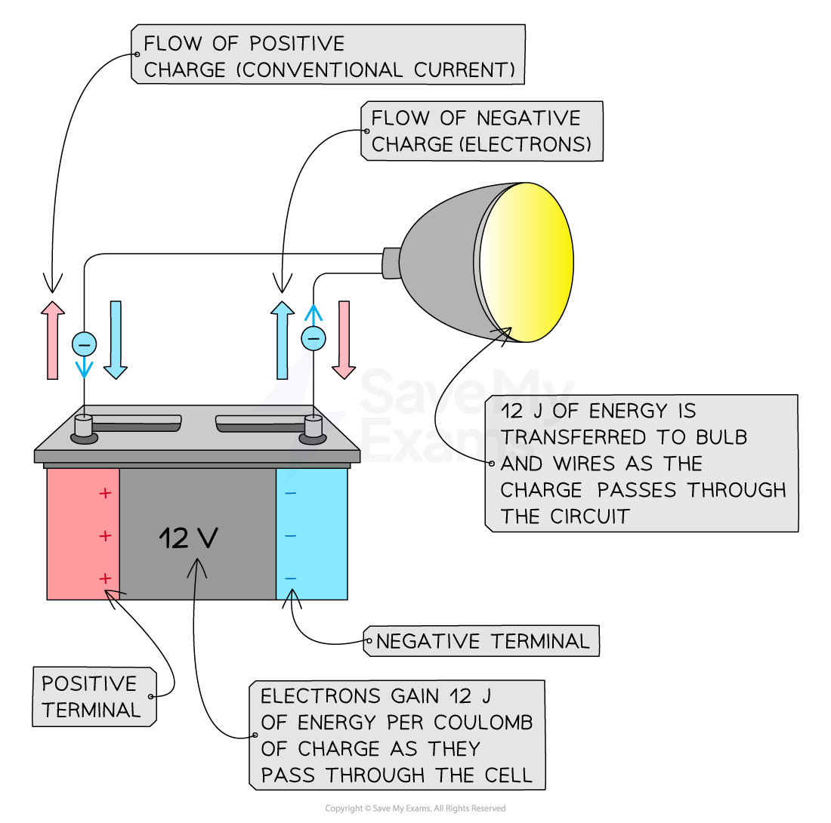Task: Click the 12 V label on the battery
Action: [x=188, y=538]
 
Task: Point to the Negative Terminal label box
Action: [x=482, y=641]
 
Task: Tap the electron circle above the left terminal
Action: [x=84, y=344]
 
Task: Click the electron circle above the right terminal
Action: [x=314, y=338]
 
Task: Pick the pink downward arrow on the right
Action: [x=344, y=340]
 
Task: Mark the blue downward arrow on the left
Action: [x=116, y=340]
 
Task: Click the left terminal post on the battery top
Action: [x=83, y=427]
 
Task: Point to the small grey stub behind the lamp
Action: [x=391, y=262]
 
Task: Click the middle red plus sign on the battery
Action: [x=105, y=536]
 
